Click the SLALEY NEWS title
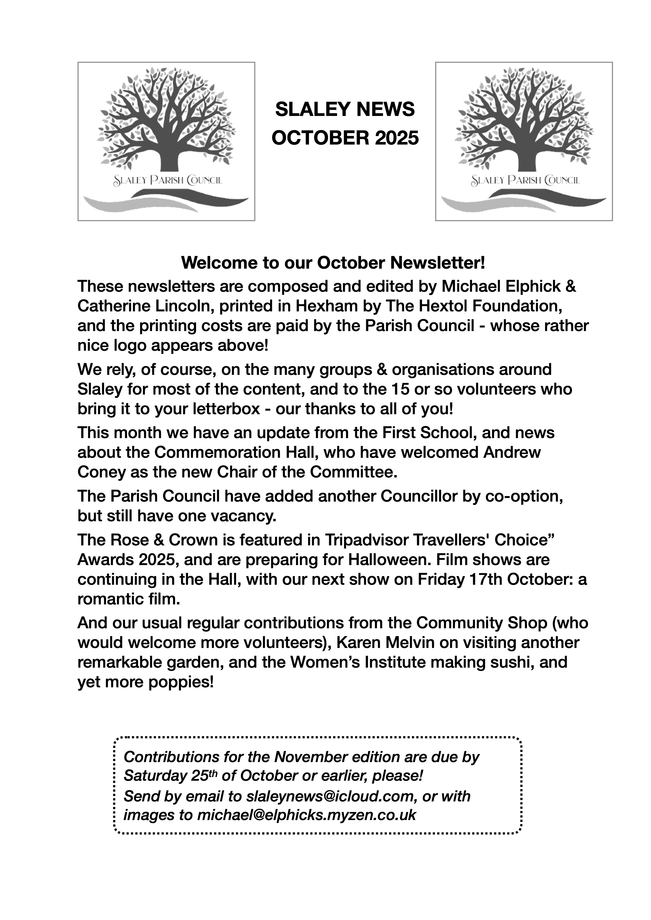345,109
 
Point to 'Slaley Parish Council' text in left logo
168,181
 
